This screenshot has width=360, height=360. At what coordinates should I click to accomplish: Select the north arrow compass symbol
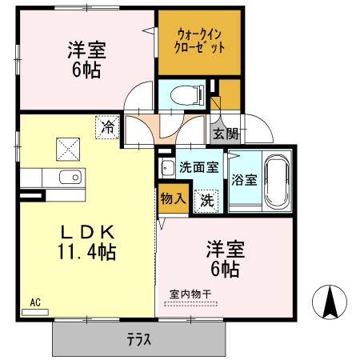click(330, 303)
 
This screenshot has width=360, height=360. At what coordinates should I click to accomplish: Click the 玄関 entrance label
click(226, 134)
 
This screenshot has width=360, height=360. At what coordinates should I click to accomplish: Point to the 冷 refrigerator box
click(106, 126)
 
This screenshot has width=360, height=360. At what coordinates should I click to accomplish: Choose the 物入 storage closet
click(173, 197)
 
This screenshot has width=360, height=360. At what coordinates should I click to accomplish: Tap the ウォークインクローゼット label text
click(200, 41)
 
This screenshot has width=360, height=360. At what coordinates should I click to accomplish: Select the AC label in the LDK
click(34, 302)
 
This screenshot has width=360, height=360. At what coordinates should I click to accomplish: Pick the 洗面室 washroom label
click(198, 167)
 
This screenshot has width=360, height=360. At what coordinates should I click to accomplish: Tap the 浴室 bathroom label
click(244, 179)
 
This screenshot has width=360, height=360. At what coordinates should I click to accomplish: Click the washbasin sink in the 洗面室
click(168, 170)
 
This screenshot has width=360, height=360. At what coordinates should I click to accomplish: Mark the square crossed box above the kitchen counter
click(66, 149)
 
